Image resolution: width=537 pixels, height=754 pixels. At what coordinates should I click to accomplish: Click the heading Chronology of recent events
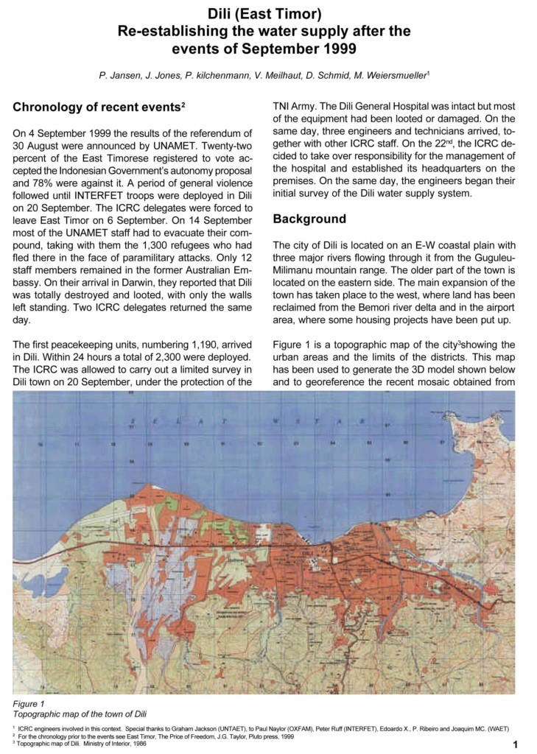[x=97, y=108]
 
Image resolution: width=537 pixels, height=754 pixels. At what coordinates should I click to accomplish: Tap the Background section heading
[x=309, y=219]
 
